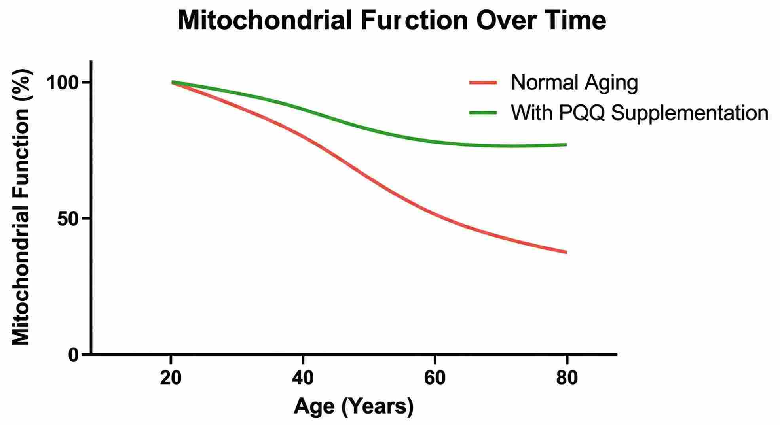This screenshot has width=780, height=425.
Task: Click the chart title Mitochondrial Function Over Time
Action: tap(392, 21)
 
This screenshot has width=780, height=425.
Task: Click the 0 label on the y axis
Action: tap(74, 355)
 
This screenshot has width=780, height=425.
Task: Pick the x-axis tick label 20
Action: tap(171, 378)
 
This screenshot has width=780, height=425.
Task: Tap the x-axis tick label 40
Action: tap(303, 378)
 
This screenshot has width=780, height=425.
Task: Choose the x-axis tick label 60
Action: tap(435, 378)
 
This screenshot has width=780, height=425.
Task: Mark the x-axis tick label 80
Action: tap(567, 378)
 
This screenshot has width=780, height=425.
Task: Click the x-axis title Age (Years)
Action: tap(353, 406)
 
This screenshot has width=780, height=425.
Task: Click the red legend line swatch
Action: tap(483, 83)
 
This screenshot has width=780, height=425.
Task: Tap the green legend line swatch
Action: tap(483, 113)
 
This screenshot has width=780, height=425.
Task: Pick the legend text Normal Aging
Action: tap(574, 83)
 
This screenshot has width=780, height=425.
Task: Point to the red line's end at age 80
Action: tap(566, 252)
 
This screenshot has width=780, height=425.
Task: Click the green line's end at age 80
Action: tap(566, 145)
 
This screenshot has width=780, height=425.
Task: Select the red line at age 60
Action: tap(435, 214)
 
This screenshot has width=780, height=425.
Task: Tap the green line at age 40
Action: tap(303, 109)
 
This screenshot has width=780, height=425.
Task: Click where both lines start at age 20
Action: tap(173, 82)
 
